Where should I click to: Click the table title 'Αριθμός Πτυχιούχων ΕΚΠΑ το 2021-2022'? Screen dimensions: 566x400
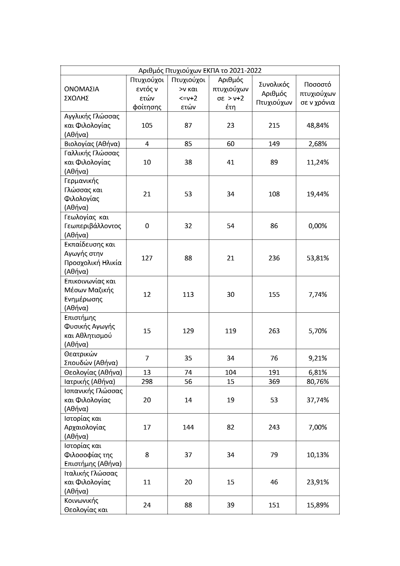pos(200,70)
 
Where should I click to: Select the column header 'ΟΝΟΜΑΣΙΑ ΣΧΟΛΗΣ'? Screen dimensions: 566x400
pos(82,93)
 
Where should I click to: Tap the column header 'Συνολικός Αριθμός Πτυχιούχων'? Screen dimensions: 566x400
pos(274,93)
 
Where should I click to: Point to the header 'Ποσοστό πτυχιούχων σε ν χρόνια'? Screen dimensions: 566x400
pos(318,93)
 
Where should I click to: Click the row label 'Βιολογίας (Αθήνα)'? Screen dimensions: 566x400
pos(92,144)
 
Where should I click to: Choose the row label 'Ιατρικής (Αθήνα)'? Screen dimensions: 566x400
pos(90,381)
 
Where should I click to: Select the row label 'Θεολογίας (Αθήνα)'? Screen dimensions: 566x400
pos(93,372)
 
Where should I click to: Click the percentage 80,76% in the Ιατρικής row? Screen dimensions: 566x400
pos(318,381)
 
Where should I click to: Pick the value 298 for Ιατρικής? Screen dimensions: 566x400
pos(147,381)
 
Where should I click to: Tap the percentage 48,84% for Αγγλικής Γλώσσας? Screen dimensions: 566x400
pos(318,125)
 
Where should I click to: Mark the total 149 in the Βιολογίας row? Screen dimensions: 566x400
pos(274,144)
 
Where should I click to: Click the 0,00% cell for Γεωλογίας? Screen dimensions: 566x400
pos(318,226)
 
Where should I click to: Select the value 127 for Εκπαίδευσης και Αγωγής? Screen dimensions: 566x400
pos(147,258)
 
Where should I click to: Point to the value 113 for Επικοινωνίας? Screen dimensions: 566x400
pos(188,294)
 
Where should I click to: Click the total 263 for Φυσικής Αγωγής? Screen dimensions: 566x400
pos(274,331)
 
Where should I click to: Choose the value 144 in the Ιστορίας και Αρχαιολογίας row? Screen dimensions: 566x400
pos(188,427)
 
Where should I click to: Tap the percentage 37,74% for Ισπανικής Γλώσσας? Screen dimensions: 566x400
pos(318,400)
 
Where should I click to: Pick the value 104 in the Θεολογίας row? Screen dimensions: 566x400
pos(231,372)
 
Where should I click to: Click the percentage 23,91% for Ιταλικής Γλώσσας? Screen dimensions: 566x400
pos(318,482)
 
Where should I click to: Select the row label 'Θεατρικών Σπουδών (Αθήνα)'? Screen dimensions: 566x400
pos(91,358)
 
